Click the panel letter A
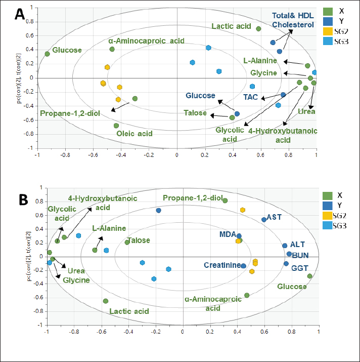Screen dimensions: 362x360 coord(20,14)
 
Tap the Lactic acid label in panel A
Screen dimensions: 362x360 coord(232,26)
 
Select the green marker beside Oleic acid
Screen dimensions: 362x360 coord(116,126)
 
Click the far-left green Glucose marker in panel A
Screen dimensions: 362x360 coord(47,54)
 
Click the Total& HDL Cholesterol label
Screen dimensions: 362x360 coord(293,20)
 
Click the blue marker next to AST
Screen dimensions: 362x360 coord(264,219)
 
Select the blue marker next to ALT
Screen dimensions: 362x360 coord(285,246)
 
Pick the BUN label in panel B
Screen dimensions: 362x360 coord(301,255)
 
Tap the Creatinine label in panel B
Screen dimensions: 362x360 coord(222,265)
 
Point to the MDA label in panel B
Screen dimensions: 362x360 coord(227,234)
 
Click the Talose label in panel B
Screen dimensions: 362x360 coord(139,241)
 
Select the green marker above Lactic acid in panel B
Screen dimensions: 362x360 coord(106,301)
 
